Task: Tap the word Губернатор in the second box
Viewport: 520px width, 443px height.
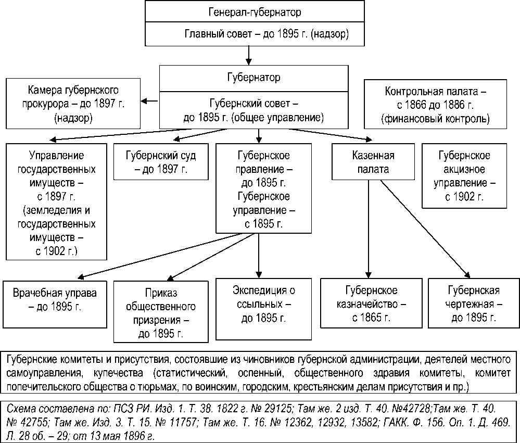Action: (x=253, y=78)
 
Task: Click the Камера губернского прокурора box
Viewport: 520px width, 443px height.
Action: (x=73, y=103)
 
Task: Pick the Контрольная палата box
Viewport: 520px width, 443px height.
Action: (x=435, y=104)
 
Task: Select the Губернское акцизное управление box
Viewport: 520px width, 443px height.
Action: (x=464, y=175)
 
